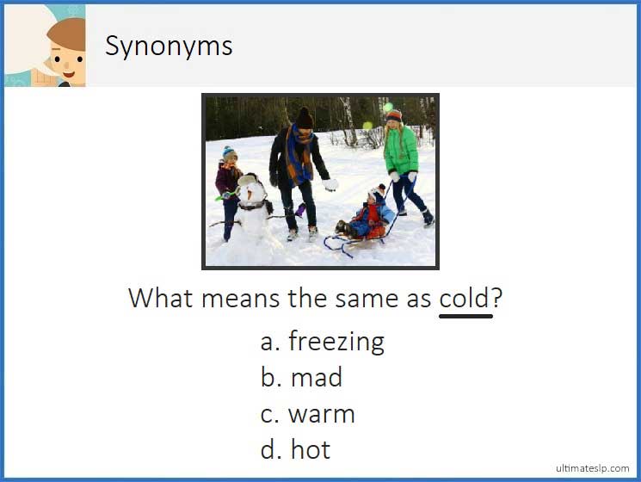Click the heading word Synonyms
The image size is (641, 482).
pyautogui.click(x=169, y=46)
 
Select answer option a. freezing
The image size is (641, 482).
pyautogui.click(x=322, y=342)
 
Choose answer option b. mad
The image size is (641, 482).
pyautogui.click(x=301, y=378)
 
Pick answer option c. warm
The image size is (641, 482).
pyautogui.click(x=307, y=414)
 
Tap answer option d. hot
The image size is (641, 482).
pyautogui.click(x=295, y=449)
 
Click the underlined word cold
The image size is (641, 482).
pyautogui.click(x=465, y=299)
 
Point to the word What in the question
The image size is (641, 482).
pyautogui.click(x=162, y=299)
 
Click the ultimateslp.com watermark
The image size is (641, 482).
pyautogui.click(x=592, y=467)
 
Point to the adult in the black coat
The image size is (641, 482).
pyautogui.click(x=297, y=172)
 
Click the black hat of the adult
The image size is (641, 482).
pyautogui.click(x=305, y=117)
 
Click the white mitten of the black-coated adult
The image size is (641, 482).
pyautogui.click(x=330, y=184)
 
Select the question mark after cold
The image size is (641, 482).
pyautogui.click(x=497, y=299)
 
